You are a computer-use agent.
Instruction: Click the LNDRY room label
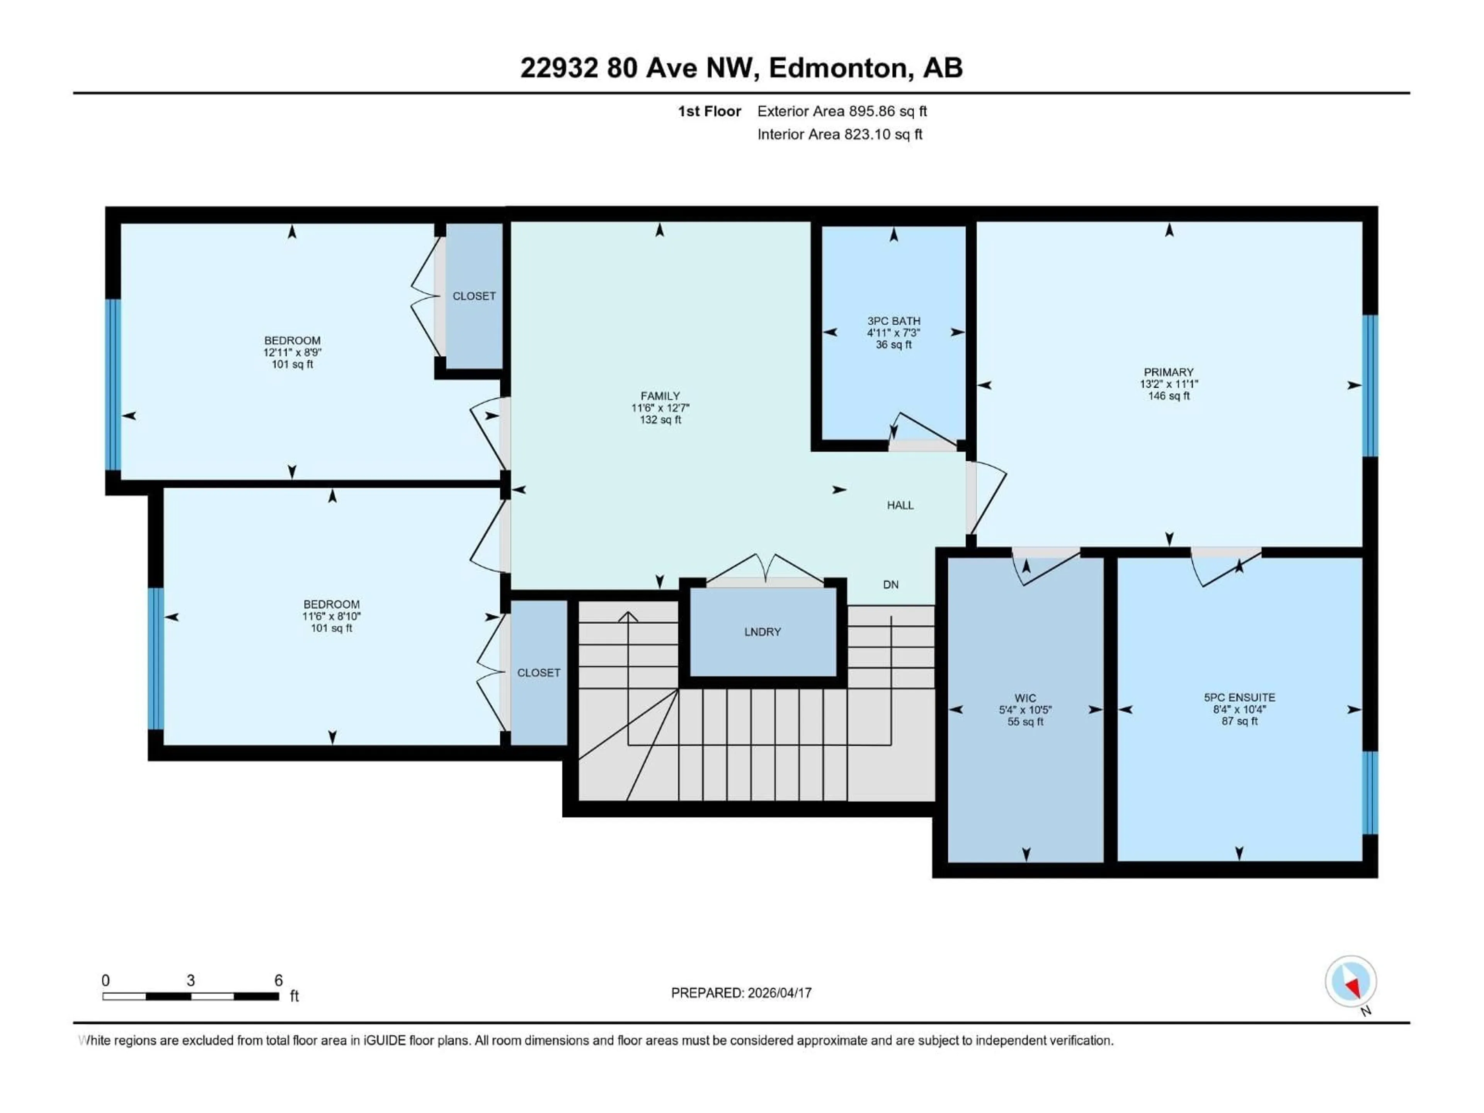762,632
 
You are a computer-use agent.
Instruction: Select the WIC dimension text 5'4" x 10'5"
1025,710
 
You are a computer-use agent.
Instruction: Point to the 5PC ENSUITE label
1239,698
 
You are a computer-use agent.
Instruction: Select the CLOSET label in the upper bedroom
474,296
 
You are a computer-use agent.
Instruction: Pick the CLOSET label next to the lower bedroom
538,673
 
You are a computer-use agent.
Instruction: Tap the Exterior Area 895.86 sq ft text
842,111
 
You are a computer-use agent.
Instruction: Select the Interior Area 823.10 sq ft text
839,134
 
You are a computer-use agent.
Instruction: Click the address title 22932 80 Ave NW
639,68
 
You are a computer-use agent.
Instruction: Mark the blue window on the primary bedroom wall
1370,386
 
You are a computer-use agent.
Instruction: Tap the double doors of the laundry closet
765,569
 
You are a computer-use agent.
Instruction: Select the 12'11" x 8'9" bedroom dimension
293,352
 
